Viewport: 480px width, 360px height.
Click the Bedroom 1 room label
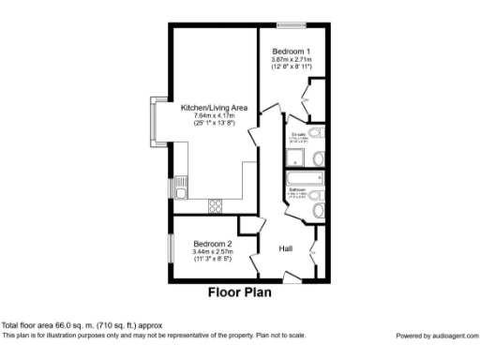[x=290, y=50]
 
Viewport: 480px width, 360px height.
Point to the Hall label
[x=287, y=247]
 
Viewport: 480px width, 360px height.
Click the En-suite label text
[x=299, y=136]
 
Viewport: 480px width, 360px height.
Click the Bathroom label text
[x=297, y=189]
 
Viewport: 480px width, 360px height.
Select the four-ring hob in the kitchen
[x=215, y=205]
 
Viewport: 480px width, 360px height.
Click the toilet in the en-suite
[x=318, y=157]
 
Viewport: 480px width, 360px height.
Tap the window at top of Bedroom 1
[x=290, y=24]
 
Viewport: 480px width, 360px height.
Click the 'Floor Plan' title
[x=240, y=292]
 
